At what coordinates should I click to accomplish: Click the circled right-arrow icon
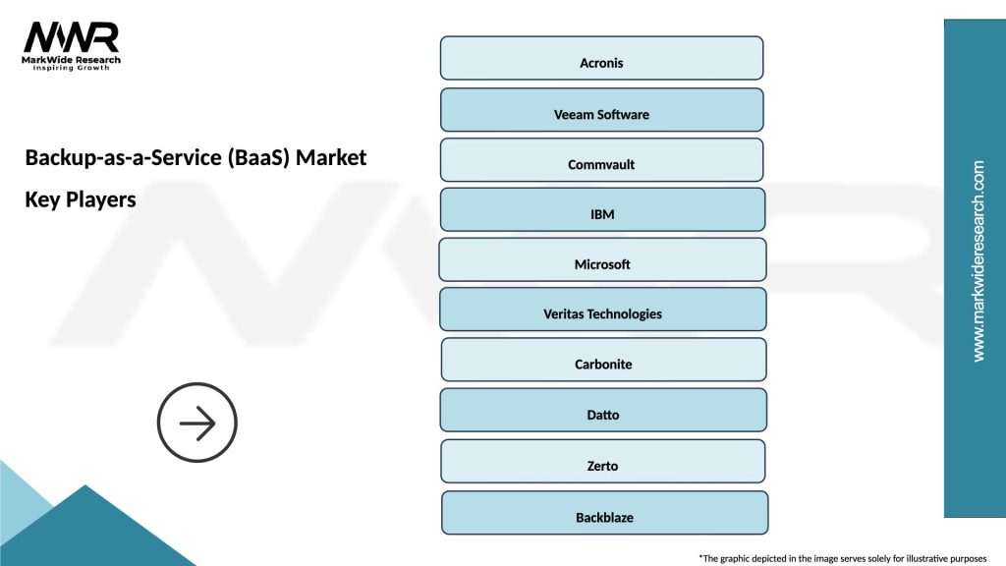click(197, 423)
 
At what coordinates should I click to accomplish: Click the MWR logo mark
click(72, 37)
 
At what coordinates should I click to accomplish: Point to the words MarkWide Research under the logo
click(72, 61)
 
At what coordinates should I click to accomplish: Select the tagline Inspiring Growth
click(72, 69)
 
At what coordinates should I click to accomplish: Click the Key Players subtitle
click(81, 199)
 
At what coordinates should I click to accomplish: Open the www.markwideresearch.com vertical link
click(978, 261)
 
